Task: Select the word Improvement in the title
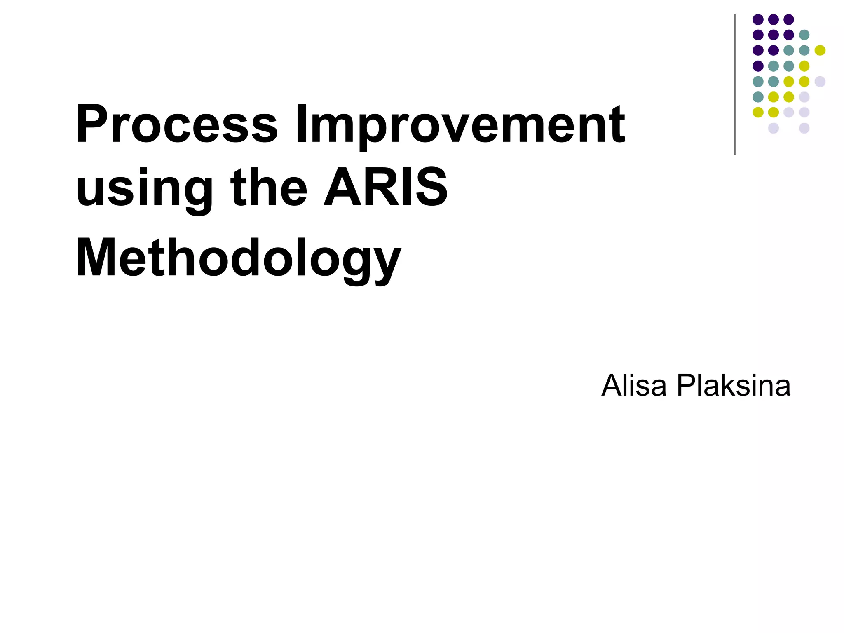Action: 460,124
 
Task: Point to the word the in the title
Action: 269,188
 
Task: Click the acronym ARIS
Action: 386,188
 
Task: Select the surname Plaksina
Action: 734,386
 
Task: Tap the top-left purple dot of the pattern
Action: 758,19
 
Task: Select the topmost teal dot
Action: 804,35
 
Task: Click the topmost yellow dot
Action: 820,50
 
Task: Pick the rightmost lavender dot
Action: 820,81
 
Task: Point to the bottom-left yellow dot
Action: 758,112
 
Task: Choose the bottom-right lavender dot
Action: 804,128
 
